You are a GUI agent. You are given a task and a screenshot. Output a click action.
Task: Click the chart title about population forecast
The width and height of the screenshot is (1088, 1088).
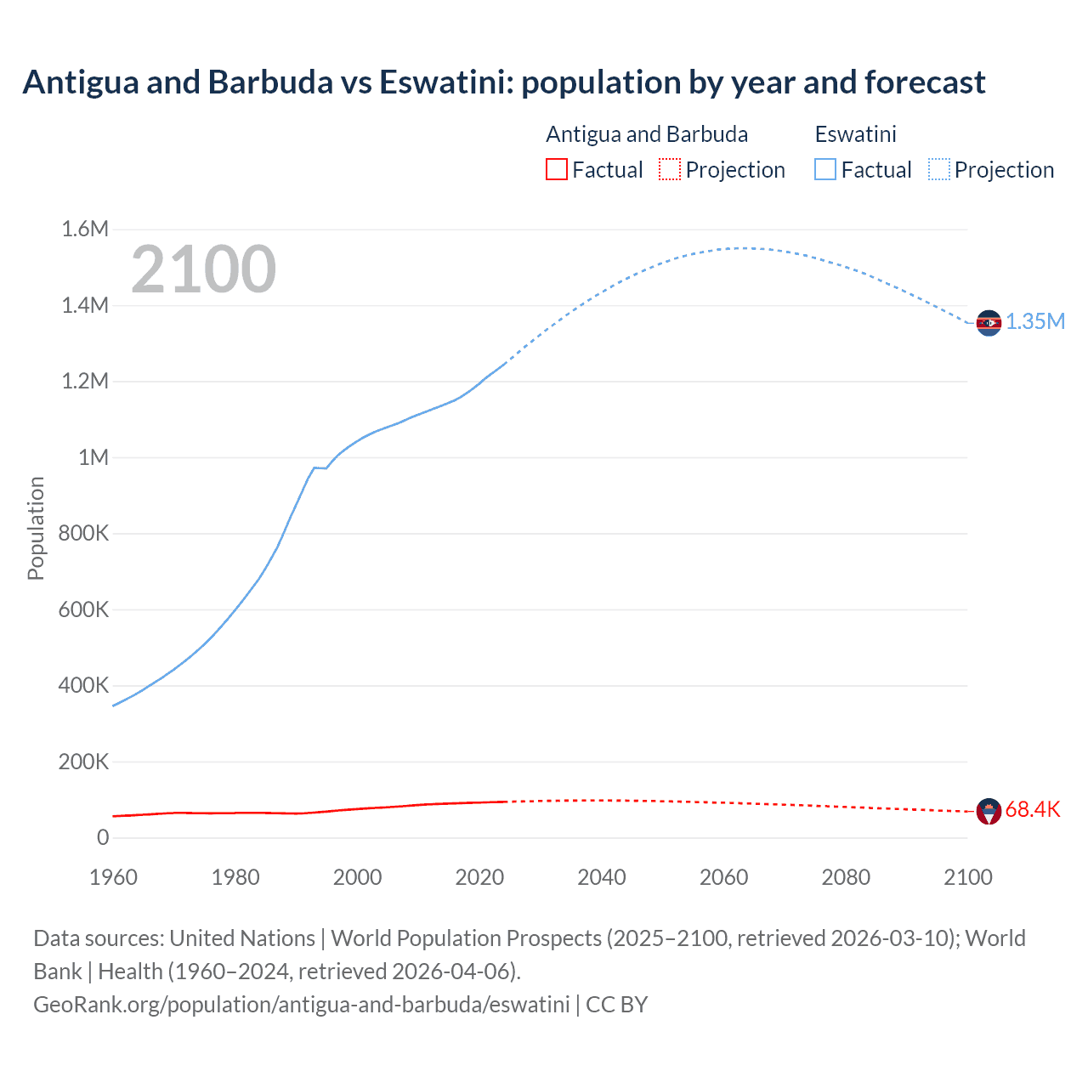503,82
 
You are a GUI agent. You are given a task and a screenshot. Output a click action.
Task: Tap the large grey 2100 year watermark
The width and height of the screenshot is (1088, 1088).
203,269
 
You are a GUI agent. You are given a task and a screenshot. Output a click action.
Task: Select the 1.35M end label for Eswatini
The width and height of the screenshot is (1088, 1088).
1035,321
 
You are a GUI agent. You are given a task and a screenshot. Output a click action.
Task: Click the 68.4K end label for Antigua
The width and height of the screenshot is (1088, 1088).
1033,809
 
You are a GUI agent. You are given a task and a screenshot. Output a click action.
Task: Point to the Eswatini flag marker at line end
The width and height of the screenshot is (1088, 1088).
989,323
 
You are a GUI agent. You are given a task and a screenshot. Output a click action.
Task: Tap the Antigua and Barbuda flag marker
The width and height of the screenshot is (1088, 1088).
989,811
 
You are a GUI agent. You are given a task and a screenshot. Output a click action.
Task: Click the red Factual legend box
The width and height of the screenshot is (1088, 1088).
557,170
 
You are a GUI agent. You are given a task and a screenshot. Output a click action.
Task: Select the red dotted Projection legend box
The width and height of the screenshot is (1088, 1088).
670,170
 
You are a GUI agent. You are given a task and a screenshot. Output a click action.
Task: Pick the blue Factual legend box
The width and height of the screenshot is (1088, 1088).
825,170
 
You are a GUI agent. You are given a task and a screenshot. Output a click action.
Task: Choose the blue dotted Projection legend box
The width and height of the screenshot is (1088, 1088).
939,170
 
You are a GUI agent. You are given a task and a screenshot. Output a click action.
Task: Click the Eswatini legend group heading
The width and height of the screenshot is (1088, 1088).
855,134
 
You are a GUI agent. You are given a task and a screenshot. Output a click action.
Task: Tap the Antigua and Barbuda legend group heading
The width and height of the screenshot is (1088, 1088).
647,134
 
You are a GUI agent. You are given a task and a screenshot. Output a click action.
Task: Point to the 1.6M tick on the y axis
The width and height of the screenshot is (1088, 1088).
85,229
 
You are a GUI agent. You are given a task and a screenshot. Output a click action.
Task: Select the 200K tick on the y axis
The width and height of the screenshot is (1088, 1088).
83,762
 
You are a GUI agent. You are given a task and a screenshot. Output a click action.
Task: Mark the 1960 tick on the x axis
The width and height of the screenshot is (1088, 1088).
113,877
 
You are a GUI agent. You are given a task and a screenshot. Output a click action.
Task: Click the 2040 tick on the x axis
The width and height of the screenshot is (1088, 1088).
602,877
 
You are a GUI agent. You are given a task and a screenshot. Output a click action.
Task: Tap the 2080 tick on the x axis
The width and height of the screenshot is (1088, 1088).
846,877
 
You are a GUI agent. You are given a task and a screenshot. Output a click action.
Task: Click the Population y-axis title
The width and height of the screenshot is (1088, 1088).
36,528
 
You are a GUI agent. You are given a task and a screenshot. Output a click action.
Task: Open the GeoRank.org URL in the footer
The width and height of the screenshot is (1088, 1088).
301,1004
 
